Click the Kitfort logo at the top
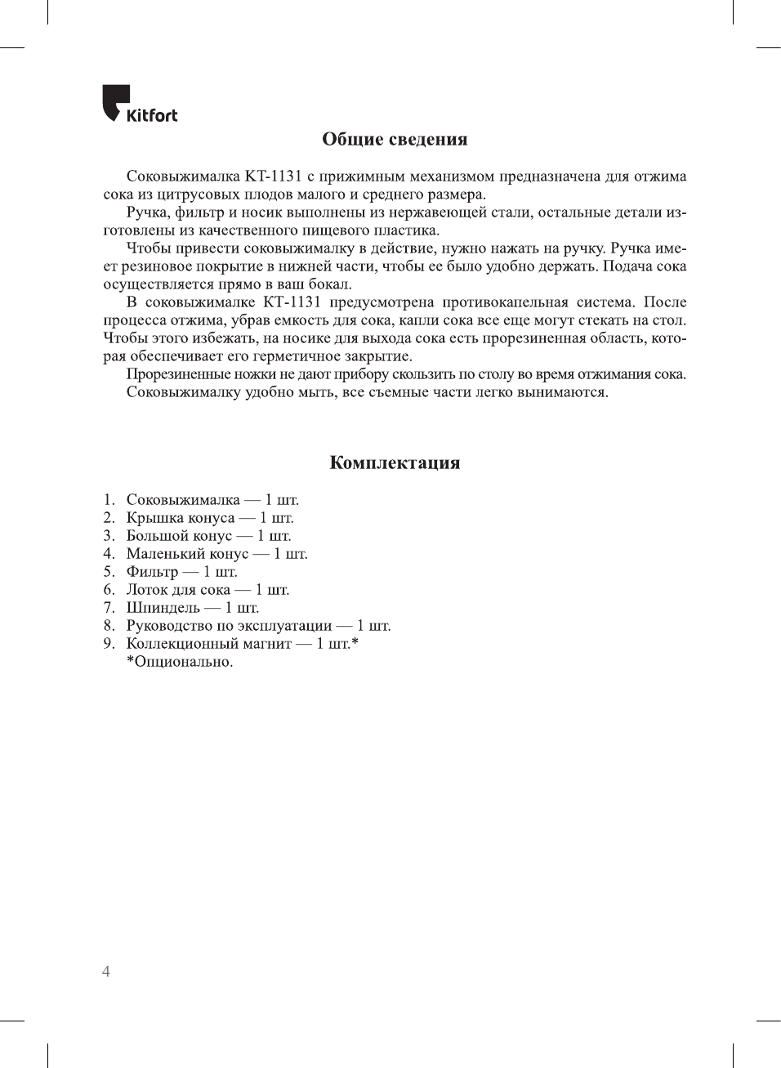click(x=140, y=105)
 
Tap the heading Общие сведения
click(x=395, y=140)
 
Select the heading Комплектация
click(x=395, y=463)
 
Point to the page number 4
click(x=106, y=972)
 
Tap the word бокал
click(x=329, y=284)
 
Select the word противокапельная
click(x=505, y=302)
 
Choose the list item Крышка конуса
click(x=181, y=518)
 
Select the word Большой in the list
click(x=155, y=536)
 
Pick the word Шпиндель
click(x=163, y=608)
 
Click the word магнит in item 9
click(x=267, y=644)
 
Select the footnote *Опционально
click(x=180, y=662)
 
